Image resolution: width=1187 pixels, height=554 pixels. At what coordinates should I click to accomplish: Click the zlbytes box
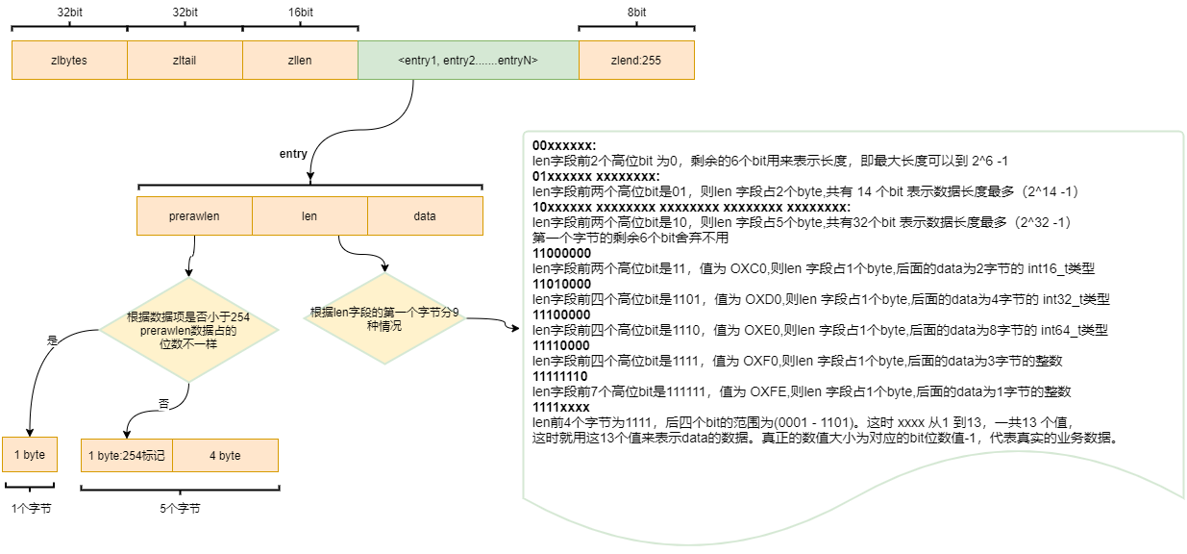[69, 60]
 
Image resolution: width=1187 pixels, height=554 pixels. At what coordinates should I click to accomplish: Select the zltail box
[185, 60]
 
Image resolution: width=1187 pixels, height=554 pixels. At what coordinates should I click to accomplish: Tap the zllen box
[301, 60]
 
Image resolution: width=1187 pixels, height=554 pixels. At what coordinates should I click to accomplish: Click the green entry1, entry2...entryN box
[468, 60]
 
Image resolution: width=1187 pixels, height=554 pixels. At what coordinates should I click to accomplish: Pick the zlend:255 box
[636, 60]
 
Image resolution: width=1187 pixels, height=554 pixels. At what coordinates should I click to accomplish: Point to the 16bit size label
[301, 13]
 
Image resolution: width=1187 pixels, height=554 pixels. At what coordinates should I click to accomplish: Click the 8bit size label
[636, 13]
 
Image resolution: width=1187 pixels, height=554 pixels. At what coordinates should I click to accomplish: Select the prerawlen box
[194, 215]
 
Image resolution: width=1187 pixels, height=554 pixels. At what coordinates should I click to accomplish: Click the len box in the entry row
[310, 215]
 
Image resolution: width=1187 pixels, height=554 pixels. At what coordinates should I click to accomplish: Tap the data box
[425, 215]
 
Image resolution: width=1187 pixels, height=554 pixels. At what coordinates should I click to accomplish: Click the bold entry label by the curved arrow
[293, 154]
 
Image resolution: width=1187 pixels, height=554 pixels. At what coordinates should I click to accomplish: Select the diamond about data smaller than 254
[188, 330]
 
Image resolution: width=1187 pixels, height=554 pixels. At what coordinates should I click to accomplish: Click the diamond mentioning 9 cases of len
[384, 318]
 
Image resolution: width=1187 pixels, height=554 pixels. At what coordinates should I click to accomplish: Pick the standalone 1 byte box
[30, 454]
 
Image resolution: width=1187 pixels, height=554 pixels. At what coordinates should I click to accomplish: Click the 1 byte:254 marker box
[127, 455]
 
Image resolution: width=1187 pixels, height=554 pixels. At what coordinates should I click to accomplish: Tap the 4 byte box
[225, 455]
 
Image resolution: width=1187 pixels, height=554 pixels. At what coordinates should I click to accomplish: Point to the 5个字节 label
[180, 509]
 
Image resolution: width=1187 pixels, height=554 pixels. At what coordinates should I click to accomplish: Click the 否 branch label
[163, 404]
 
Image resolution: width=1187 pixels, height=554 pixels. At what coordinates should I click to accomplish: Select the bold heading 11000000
[561, 253]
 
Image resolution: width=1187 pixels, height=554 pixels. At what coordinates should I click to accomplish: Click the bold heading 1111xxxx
[560, 407]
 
